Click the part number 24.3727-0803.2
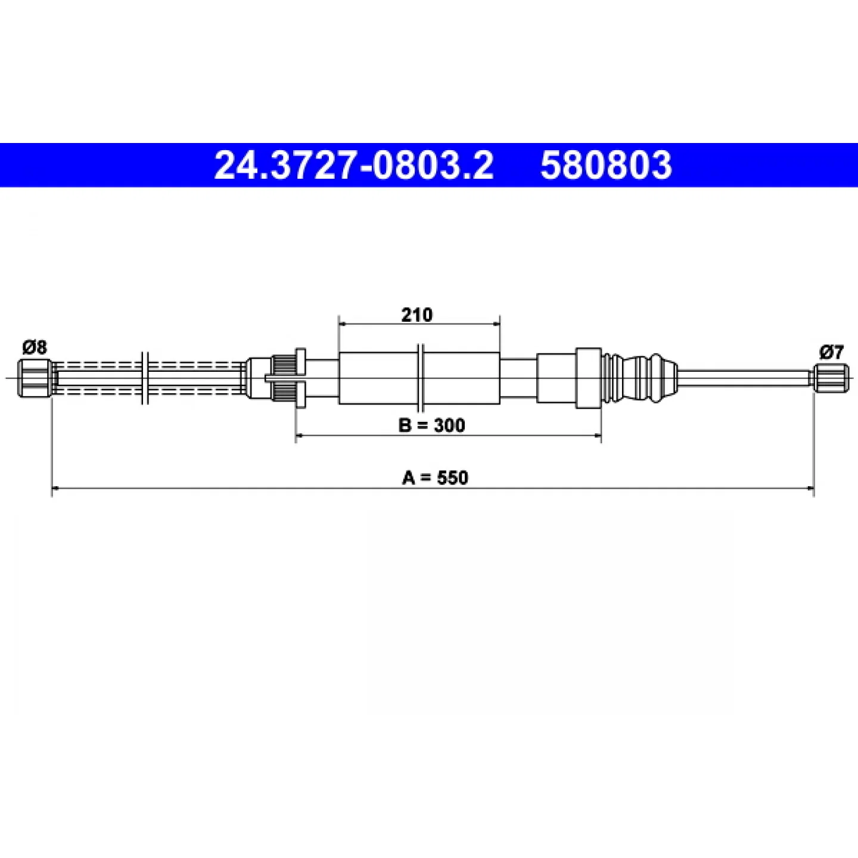(x=353, y=165)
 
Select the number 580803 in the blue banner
(x=606, y=165)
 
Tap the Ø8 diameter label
(x=35, y=347)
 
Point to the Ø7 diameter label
(x=831, y=353)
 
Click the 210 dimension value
(x=416, y=315)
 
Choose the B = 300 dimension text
(x=431, y=425)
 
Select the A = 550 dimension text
(x=435, y=478)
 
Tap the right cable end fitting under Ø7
(x=831, y=378)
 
